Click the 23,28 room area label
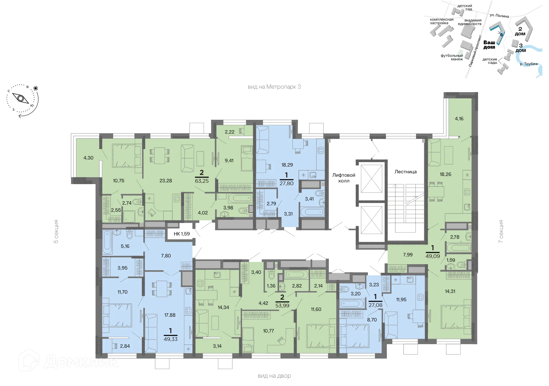pos(166,181)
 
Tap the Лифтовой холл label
pos(344,178)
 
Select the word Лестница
pos(405,172)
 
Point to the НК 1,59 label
pos(182,234)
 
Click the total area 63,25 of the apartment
pos(202,181)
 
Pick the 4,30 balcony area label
pos(88,158)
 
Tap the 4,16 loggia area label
pos(459,119)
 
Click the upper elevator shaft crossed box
pos(371,179)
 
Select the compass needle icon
pos(21,99)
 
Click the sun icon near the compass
pos(36,88)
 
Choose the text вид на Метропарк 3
pos(274,87)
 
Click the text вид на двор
pos(274,376)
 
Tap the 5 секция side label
pos(56,232)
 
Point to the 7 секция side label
pos(501,232)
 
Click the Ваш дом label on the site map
pos(489,45)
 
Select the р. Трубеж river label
pos(529,64)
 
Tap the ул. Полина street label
pos(499,16)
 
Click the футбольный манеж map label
pos(452,57)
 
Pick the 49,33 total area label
pos(170,339)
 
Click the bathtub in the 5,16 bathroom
pos(107,242)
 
